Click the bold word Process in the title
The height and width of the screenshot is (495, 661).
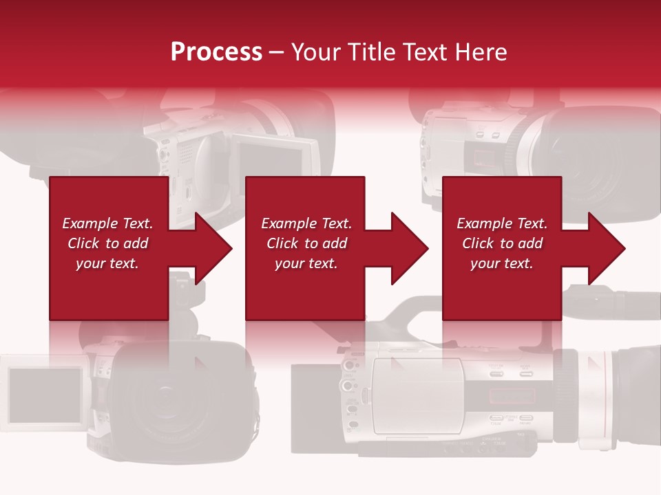pos(216,52)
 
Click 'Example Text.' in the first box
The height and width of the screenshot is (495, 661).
pos(107,223)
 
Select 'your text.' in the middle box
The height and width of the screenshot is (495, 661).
pos(306,263)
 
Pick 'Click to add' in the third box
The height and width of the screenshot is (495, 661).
pos(502,243)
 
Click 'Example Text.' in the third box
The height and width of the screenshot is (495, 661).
pos(502,223)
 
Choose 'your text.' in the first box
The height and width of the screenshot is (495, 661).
pos(107,263)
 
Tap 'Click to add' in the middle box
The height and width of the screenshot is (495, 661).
pos(306,243)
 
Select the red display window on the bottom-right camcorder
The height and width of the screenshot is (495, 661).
pos(512,396)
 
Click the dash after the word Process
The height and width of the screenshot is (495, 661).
pos(276,53)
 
